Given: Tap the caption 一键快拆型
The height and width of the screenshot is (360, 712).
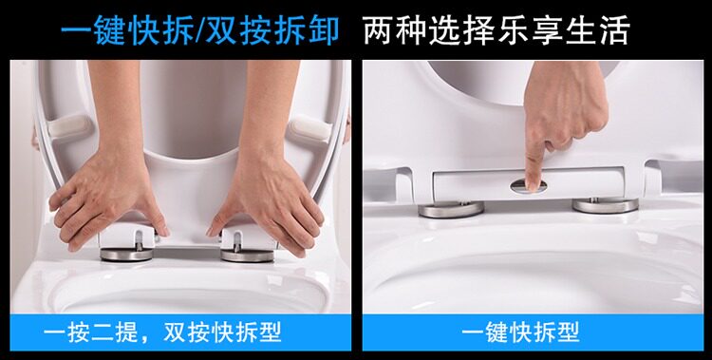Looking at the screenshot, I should pos(520,332).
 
